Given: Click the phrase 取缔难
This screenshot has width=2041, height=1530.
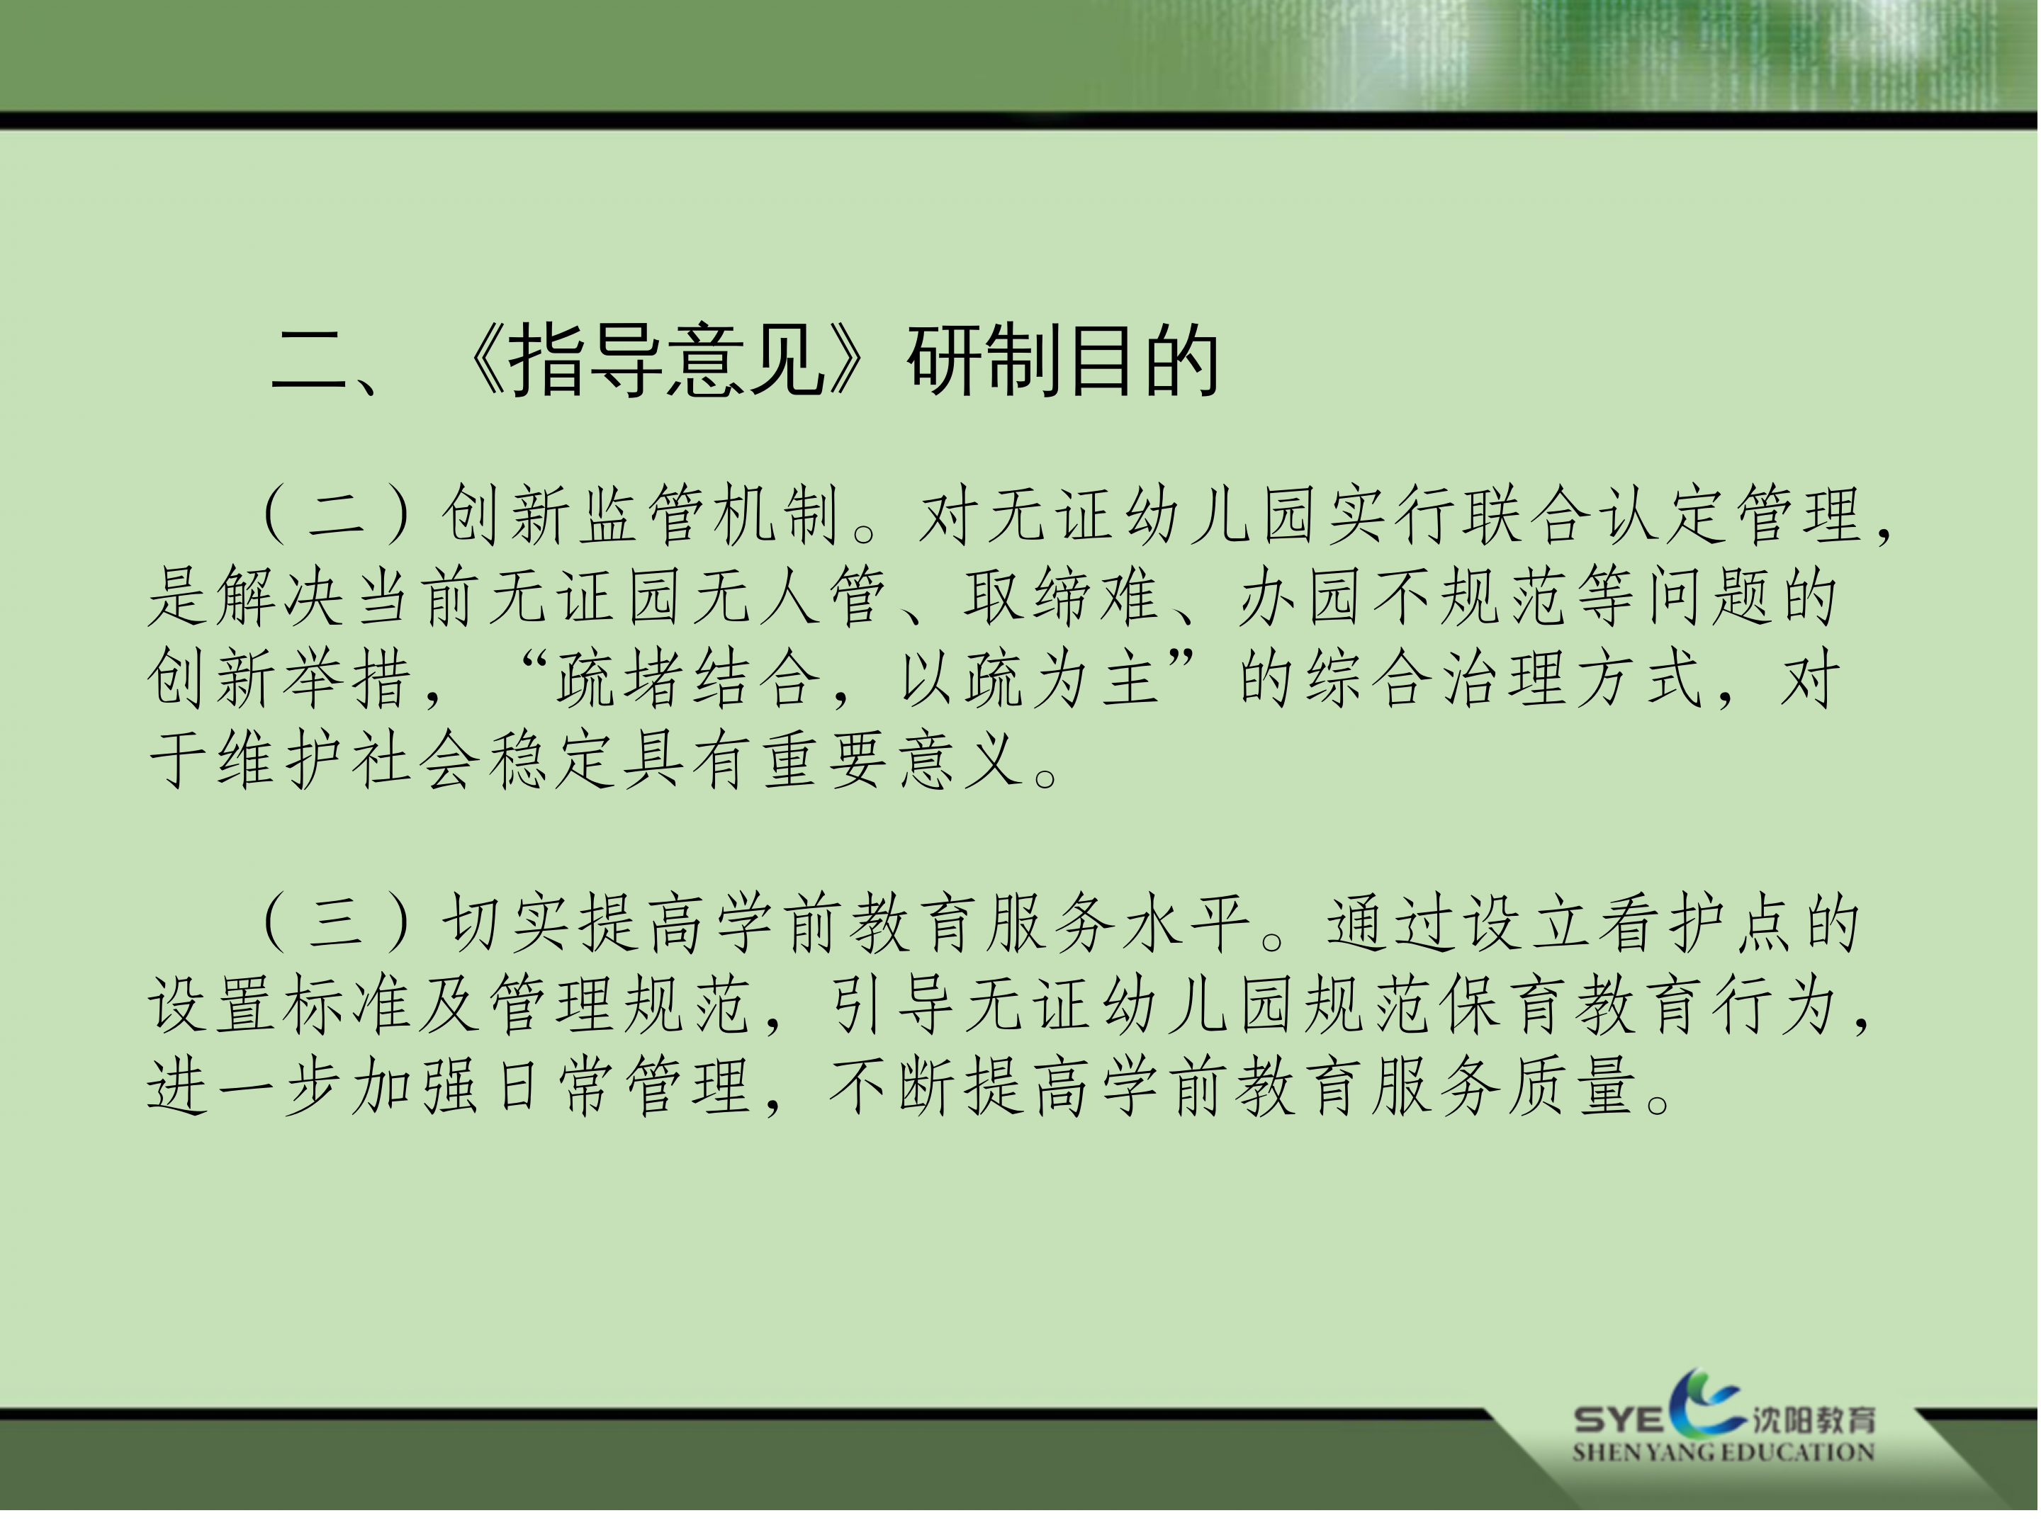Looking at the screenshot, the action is click(x=1061, y=596).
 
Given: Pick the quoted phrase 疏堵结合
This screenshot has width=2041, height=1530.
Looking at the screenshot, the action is click(x=688, y=679).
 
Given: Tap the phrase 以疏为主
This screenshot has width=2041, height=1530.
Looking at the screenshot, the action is click(x=1029, y=679).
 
